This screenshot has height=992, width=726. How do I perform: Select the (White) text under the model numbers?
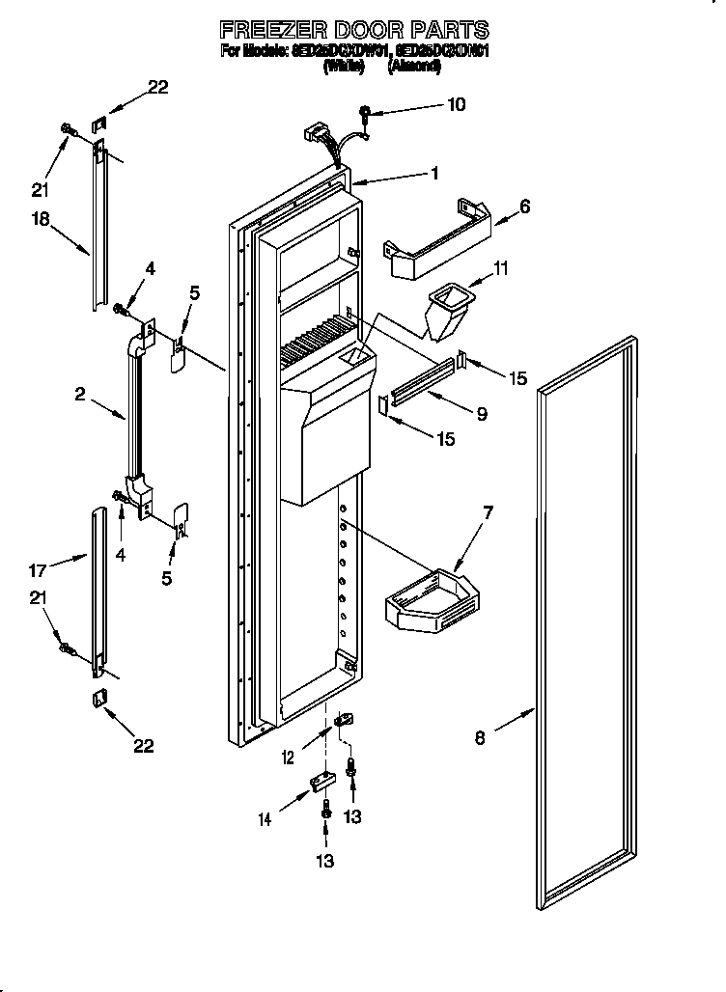(344, 67)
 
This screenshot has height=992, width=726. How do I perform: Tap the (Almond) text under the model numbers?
(414, 67)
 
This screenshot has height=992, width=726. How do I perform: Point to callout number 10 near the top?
(456, 103)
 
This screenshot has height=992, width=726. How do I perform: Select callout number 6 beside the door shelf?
(524, 206)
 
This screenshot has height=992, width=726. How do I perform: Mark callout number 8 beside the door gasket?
(480, 739)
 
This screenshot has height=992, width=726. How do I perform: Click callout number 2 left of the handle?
(80, 394)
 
